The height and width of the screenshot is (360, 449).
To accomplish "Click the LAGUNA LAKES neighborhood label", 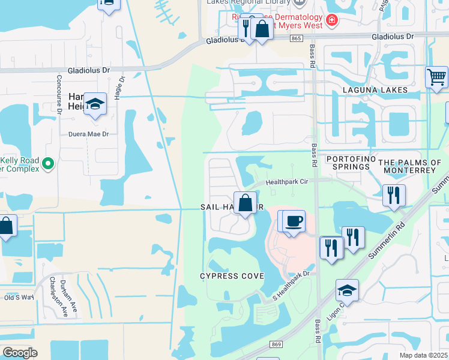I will [375, 90].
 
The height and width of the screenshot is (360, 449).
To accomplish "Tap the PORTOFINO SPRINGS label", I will [351, 163].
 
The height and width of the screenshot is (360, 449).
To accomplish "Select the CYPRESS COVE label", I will [232, 275].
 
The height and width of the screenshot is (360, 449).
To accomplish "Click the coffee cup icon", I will [294, 221].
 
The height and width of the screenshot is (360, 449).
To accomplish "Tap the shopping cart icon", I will [436, 77].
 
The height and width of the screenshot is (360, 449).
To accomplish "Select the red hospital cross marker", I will [331, 22].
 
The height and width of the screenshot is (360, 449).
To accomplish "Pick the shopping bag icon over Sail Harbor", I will [246, 203].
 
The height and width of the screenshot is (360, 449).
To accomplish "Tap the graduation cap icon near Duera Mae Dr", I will [95, 104].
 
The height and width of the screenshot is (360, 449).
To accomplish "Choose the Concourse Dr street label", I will [59, 94].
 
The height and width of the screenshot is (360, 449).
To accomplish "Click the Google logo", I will [20, 352].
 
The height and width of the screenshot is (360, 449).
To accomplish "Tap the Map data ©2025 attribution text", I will [423, 355].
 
